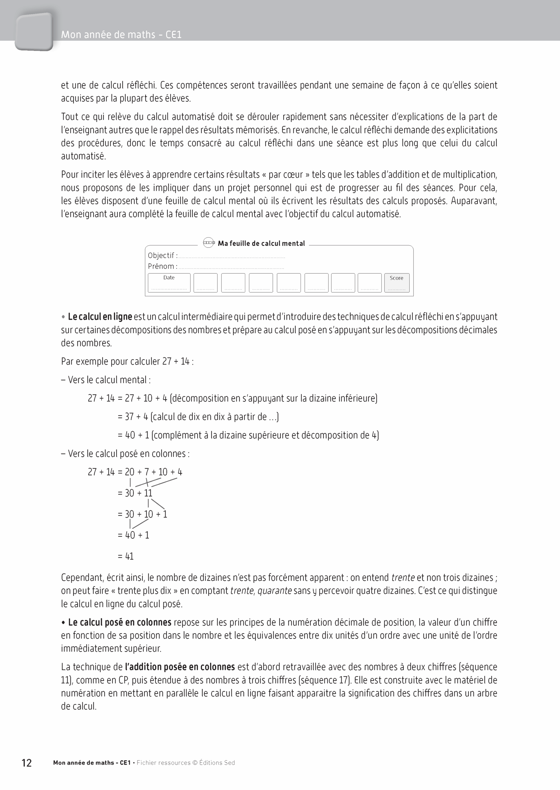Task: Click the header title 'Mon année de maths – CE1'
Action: coord(121,35)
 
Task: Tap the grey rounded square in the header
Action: coord(34,32)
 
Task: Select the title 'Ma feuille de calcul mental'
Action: coord(261,243)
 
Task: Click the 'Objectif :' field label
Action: coord(163,256)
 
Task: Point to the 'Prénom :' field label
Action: coord(162,266)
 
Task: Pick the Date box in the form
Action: coord(169,282)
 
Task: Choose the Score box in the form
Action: coord(397,282)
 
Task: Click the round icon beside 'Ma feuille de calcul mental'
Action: coord(208,243)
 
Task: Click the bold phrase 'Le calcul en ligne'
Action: coord(100,317)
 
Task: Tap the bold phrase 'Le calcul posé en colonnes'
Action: coord(119,622)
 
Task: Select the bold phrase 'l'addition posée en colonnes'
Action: coord(180,667)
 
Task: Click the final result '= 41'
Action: coord(125,556)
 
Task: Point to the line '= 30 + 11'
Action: coord(135,493)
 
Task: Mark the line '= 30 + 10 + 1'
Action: coord(142,514)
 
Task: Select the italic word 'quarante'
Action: coord(275,591)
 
